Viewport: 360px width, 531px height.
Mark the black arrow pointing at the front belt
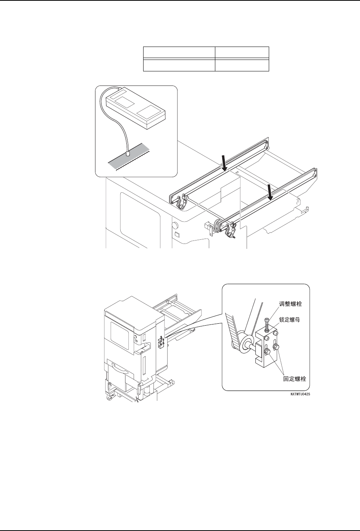click(x=271, y=192)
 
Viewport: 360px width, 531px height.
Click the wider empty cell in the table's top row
click(x=179, y=52)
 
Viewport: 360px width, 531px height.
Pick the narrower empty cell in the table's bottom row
click(x=242, y=65)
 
